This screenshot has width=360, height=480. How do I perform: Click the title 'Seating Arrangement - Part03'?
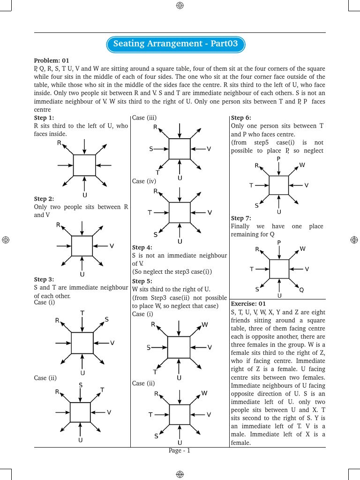(x=175, y=44)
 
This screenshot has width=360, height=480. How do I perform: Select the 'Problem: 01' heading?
(x=52, y=60)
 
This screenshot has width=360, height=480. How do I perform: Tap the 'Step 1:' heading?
(x=44, y=118)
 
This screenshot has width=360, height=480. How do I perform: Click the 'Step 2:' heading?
(x=44, y=199)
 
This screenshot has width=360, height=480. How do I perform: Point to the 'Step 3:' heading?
(x=44, y=279)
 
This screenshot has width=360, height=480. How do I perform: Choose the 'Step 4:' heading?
(x=142, y=247)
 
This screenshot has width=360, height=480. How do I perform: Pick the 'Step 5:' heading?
(x=142, y=281)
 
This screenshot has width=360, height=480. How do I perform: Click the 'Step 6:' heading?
(x=241, y=118)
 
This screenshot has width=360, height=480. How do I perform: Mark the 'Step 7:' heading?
(x=241, y=218)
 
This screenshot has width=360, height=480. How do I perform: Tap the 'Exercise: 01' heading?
(x=248, y=304)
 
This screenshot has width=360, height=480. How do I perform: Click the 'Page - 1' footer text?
(x=180, y=451)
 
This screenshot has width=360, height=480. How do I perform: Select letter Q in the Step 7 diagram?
(x=301, y=290)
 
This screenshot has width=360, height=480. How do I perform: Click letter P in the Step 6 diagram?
(x=278, y=159)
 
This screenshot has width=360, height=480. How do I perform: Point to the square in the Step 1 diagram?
(x=84, y=165)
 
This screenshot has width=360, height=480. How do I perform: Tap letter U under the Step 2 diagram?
(x=82, y=274)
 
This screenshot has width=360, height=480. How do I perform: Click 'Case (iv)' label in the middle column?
(x=144, y=181)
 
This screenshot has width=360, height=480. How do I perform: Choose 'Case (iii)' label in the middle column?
(x=144, y=118)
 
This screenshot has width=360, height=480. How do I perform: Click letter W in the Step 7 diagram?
(x=302, y=249)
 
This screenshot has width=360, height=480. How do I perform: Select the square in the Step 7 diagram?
(x=279, y=269)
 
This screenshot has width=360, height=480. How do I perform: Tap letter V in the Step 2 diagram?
(x=112, y=246)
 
